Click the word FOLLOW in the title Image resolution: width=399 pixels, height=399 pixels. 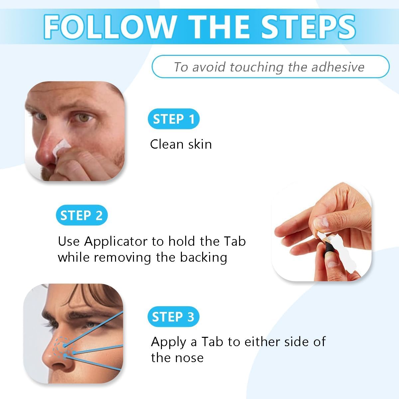tap(110, 27)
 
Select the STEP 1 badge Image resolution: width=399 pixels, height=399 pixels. tap(174, 119)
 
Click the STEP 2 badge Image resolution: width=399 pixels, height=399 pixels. tap(82, 215)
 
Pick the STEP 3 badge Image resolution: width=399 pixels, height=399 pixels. tap(173, 317)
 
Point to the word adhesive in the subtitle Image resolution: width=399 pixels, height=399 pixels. tap(338, 67)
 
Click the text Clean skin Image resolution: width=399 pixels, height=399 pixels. tap(181, 144)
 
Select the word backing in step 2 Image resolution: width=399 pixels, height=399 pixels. tap(203, 258)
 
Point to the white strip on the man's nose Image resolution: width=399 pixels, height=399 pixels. tap(61, 147)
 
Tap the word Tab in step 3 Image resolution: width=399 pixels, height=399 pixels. tap(212, 342)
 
